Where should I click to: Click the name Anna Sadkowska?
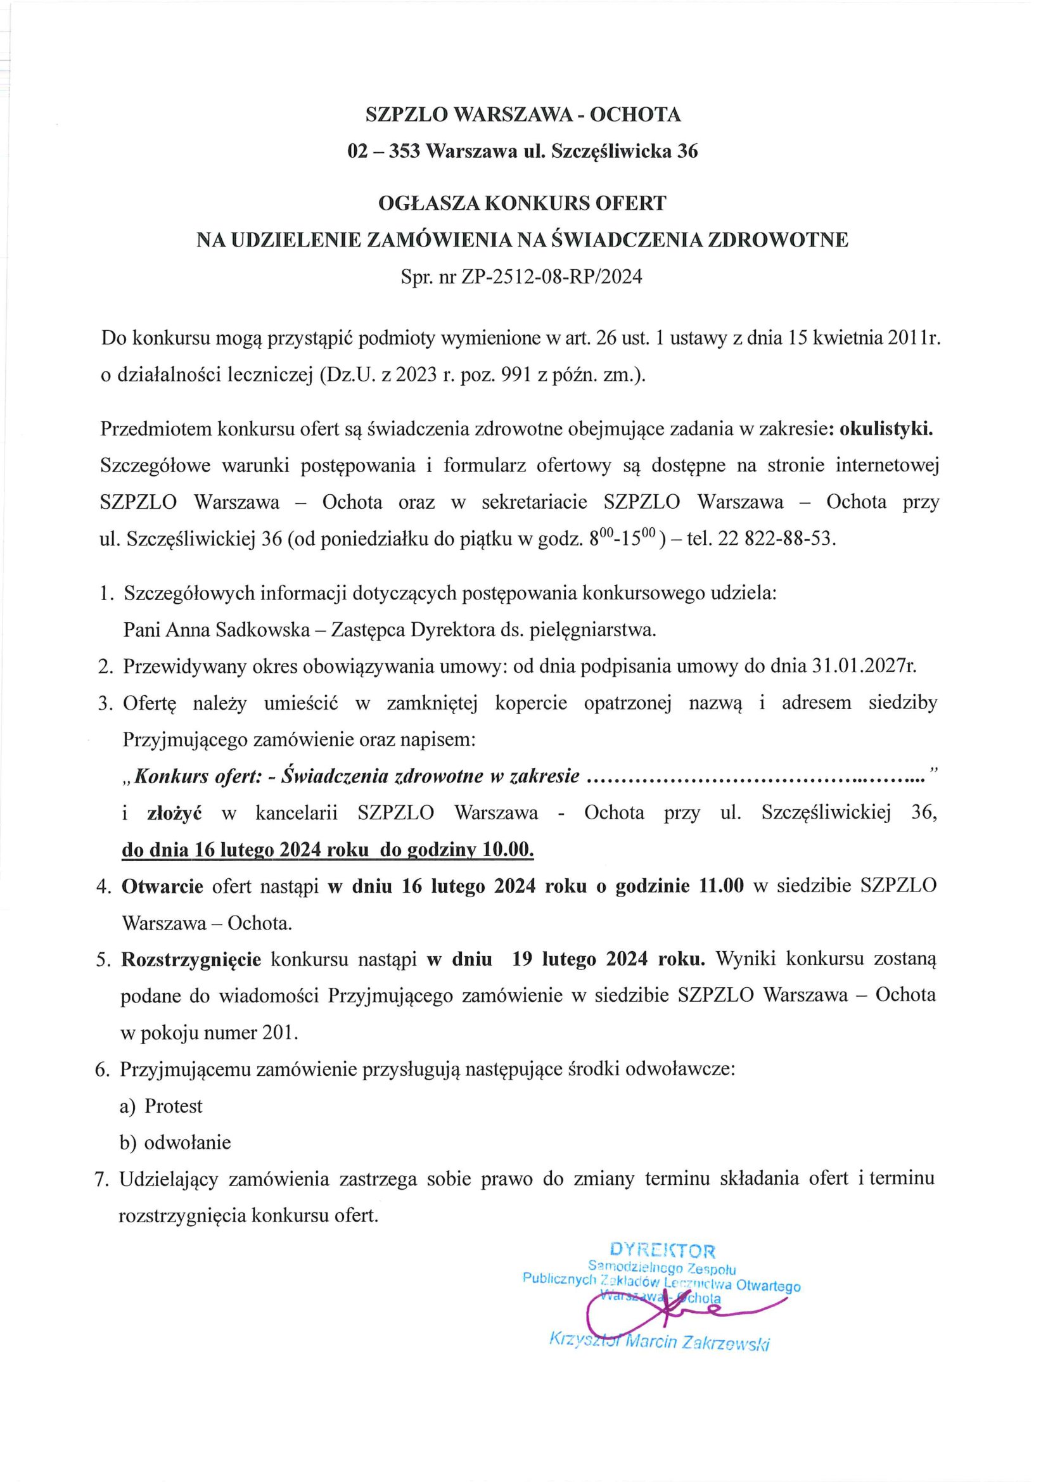click(x=238, y=629)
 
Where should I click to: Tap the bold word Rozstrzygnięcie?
click(x=191, y=959)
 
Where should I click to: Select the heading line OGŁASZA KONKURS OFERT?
click(x=522, y=203)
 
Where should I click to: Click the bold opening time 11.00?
click(x=722, y=886)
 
